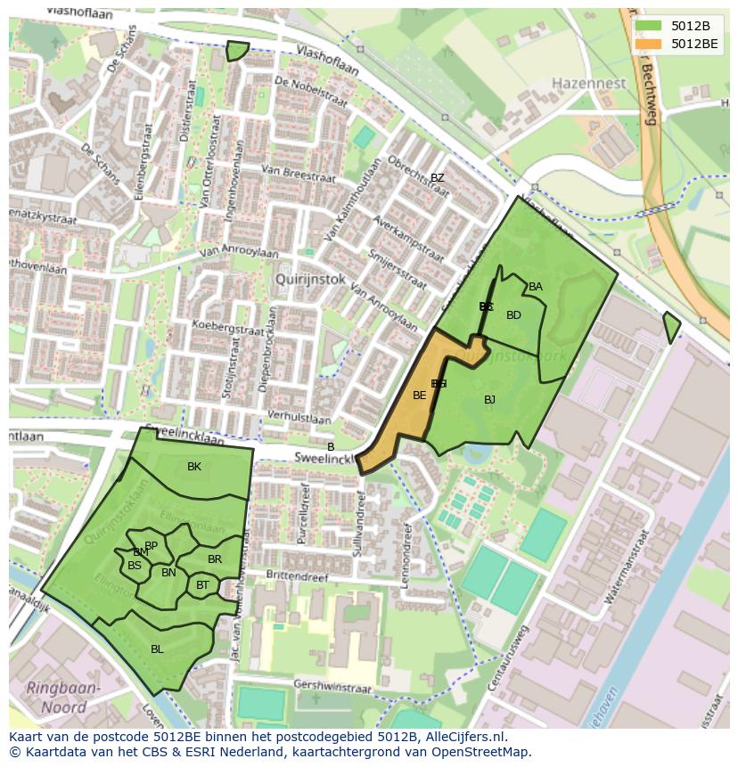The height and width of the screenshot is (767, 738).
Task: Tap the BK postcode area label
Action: click(x=194, y=467)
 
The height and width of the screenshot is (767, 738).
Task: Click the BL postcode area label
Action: click(x=157, y=649)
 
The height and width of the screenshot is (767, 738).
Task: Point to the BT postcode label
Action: click(x=202, y=585)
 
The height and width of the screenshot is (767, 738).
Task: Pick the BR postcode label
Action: click(x=215, y=559)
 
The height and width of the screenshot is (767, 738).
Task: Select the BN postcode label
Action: click(x=168, y=573)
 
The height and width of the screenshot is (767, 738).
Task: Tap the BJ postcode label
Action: click(x=489, y=400)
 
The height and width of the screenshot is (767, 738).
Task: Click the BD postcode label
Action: click(x=513, y=315)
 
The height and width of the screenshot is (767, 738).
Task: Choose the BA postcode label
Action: click(x=536, y=287)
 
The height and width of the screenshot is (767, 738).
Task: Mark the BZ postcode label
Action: click(x=437, y=178)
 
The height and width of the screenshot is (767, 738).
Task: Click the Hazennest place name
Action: click(x=589, y=83)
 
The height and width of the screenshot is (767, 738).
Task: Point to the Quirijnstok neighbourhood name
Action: click(x=311, y=278)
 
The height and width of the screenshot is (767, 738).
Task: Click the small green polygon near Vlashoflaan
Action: click(x=236, y=52)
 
